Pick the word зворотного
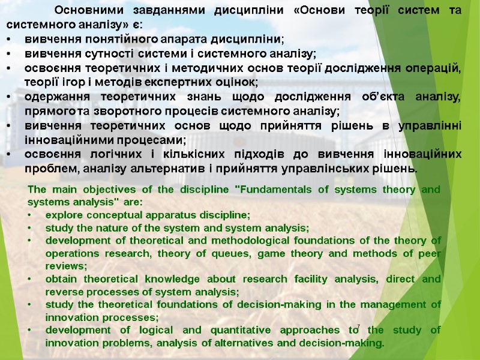point(136,111)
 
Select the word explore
point(62,214)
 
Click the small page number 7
point(358,326)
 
